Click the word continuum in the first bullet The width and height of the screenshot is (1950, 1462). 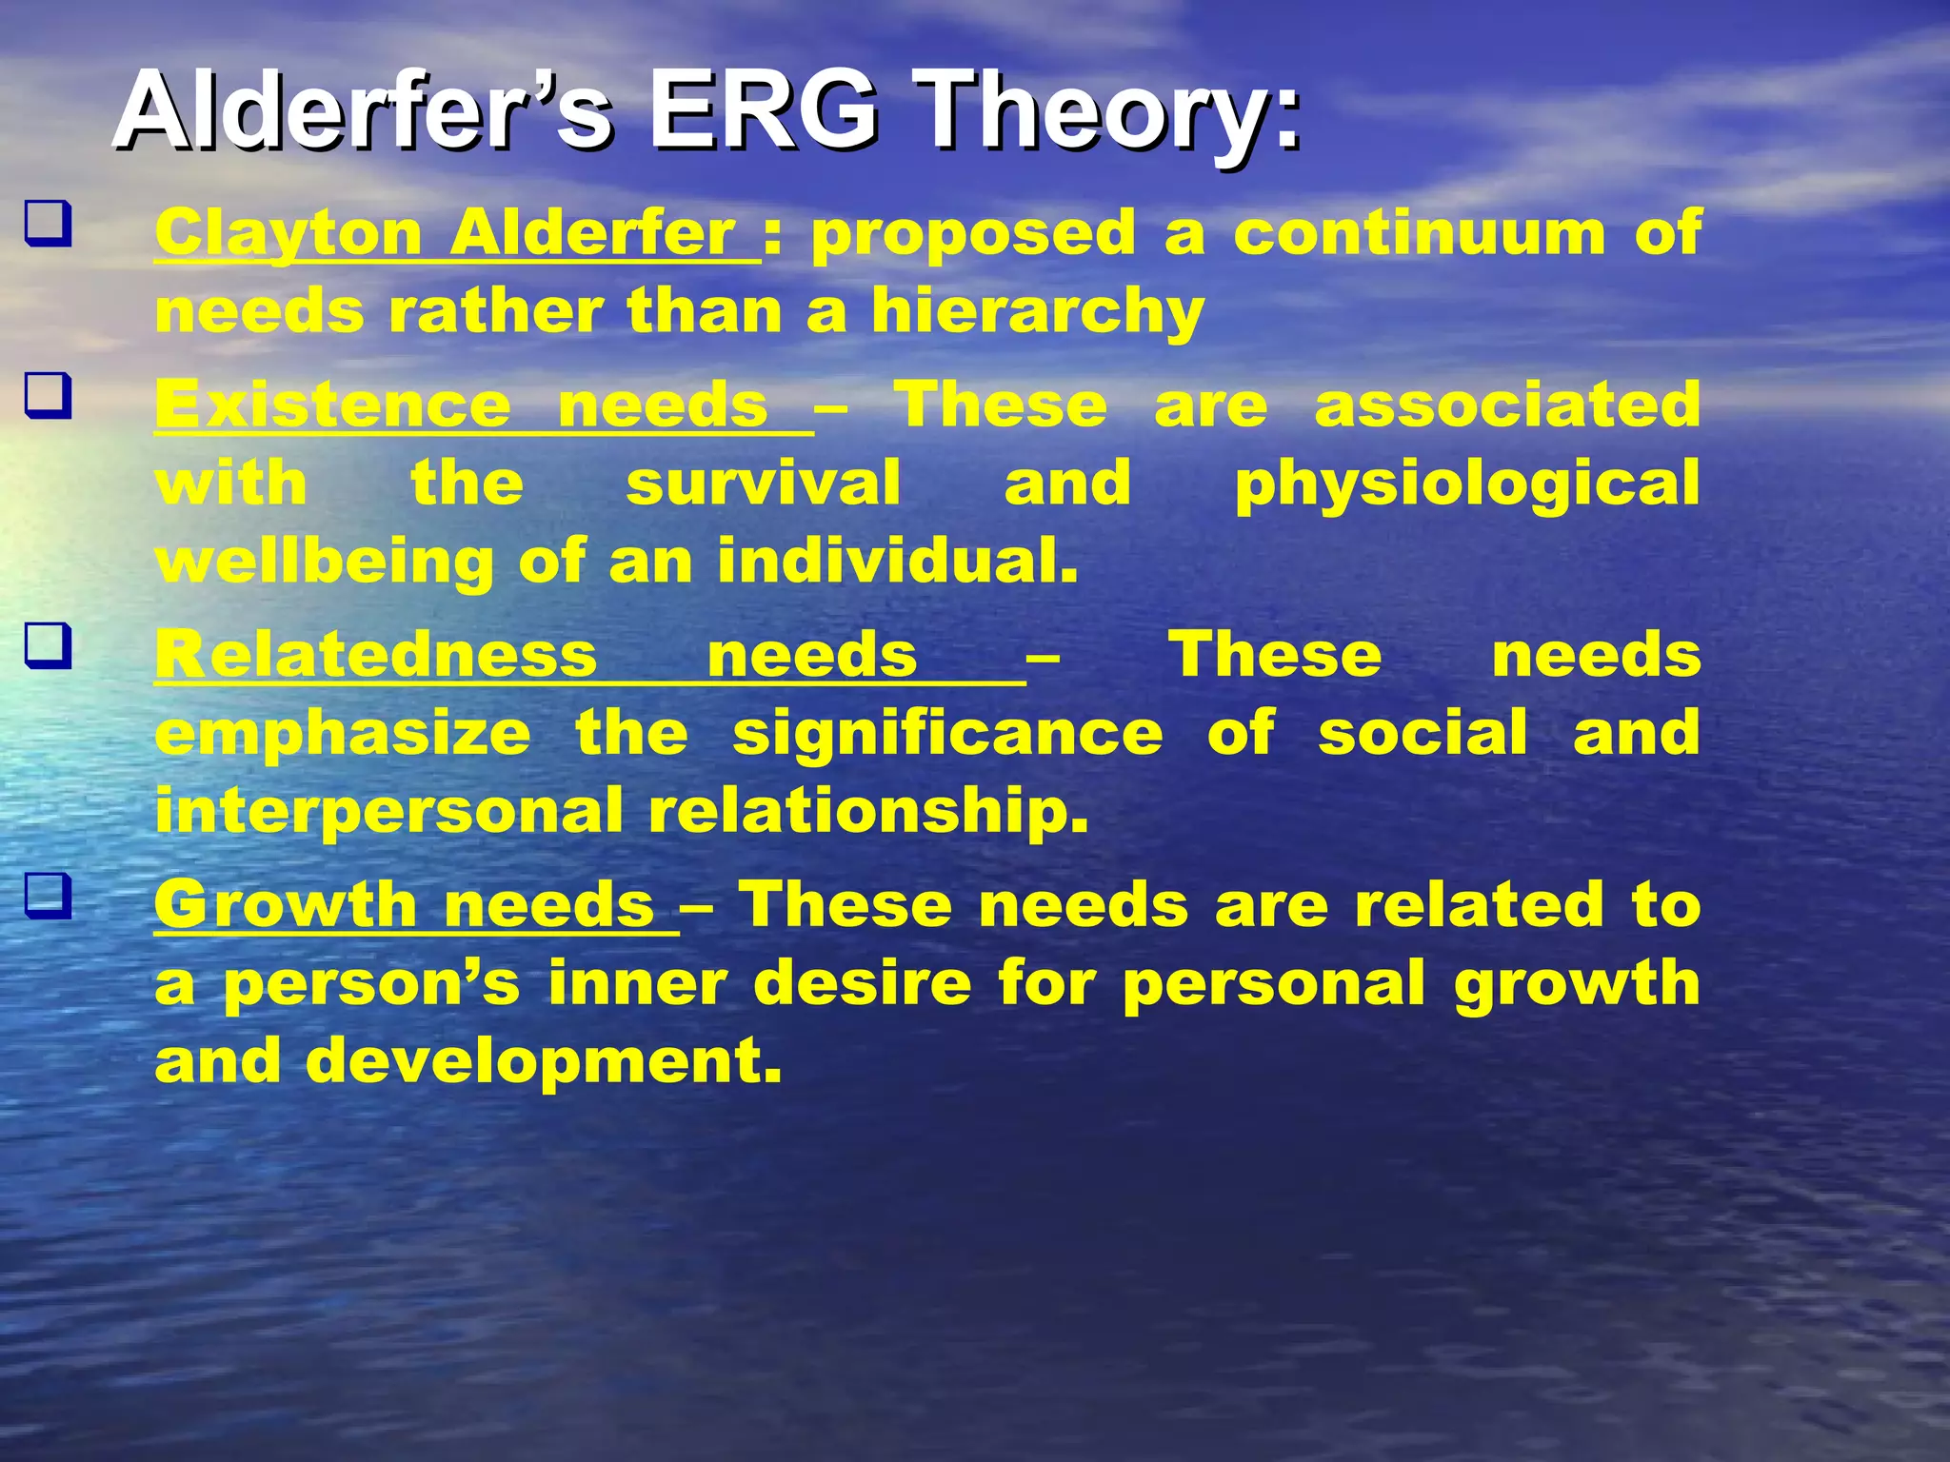(x=1420, y=232)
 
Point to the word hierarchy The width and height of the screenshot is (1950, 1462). (x=1038, y=312)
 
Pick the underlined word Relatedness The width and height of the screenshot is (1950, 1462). (x=376, y=656)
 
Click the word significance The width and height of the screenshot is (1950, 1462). (x=947, y=734)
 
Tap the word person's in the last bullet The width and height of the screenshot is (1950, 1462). (x=371, y=984)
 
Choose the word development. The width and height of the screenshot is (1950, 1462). (x=544, y=1061)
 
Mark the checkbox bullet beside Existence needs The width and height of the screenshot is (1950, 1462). (x=48, y=396)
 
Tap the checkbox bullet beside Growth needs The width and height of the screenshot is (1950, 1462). (x=48, y=897)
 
